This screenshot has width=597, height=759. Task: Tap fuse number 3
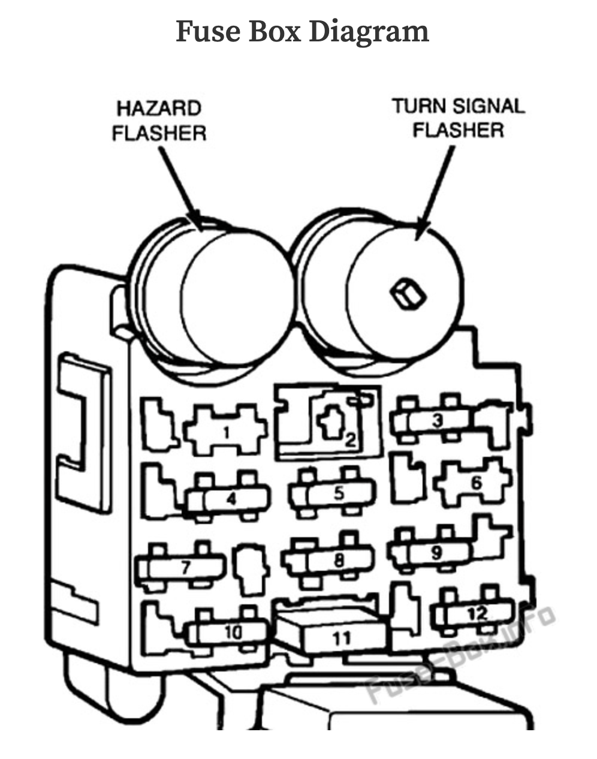(x=438, y=421)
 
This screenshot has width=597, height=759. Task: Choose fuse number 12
(x=477, y=613)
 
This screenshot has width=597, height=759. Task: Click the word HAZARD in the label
(x=159, y=109)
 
